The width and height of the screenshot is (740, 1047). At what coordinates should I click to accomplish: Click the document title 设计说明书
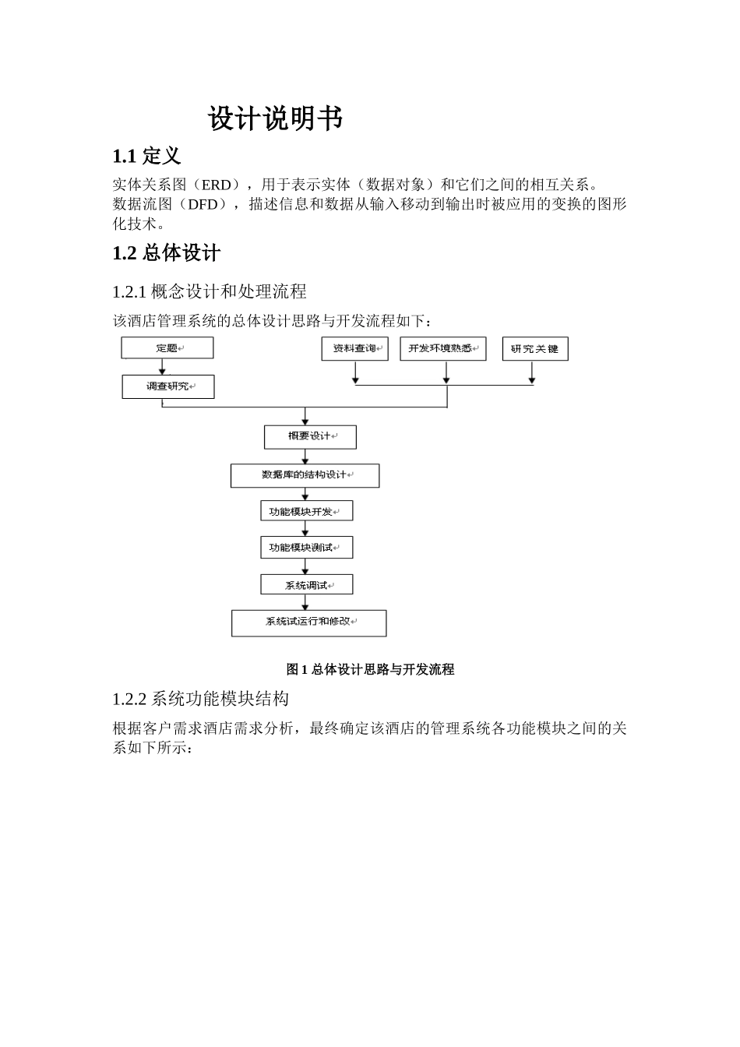point(275,119)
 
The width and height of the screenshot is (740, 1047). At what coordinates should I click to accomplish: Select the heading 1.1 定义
point(146,157)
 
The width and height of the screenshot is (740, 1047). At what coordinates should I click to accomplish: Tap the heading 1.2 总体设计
point(166,253)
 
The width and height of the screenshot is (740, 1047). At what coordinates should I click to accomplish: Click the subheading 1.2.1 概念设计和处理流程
point(210,291)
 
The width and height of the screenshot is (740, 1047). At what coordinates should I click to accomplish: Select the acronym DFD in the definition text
point(203,205)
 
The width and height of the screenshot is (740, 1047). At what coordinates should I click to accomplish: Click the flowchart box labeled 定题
point(167,348)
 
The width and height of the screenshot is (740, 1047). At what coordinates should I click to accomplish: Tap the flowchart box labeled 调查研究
point(167,386)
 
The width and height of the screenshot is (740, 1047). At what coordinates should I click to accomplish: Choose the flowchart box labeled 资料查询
point(354,349)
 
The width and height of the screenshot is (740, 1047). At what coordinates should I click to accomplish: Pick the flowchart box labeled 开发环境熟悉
point(442,349)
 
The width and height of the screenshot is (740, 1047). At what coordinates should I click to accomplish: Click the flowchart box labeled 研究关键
point(534,349)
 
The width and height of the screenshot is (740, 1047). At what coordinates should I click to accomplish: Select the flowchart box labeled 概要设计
point(310,436)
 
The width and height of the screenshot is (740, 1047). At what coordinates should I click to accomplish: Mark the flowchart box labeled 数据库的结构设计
point(305,475)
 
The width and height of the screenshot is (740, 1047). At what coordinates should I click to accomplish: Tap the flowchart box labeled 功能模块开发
point(305,511)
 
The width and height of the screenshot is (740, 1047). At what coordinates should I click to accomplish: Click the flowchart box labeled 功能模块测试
point(305,548)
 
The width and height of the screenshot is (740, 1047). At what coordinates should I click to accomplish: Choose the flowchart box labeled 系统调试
point(306,585)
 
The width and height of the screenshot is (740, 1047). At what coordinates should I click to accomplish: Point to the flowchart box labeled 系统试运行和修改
point(308,622)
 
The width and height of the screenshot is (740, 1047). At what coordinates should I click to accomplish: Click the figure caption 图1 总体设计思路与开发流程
point(370,669)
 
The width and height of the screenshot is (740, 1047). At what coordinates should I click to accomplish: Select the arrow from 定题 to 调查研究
point(162,367)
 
